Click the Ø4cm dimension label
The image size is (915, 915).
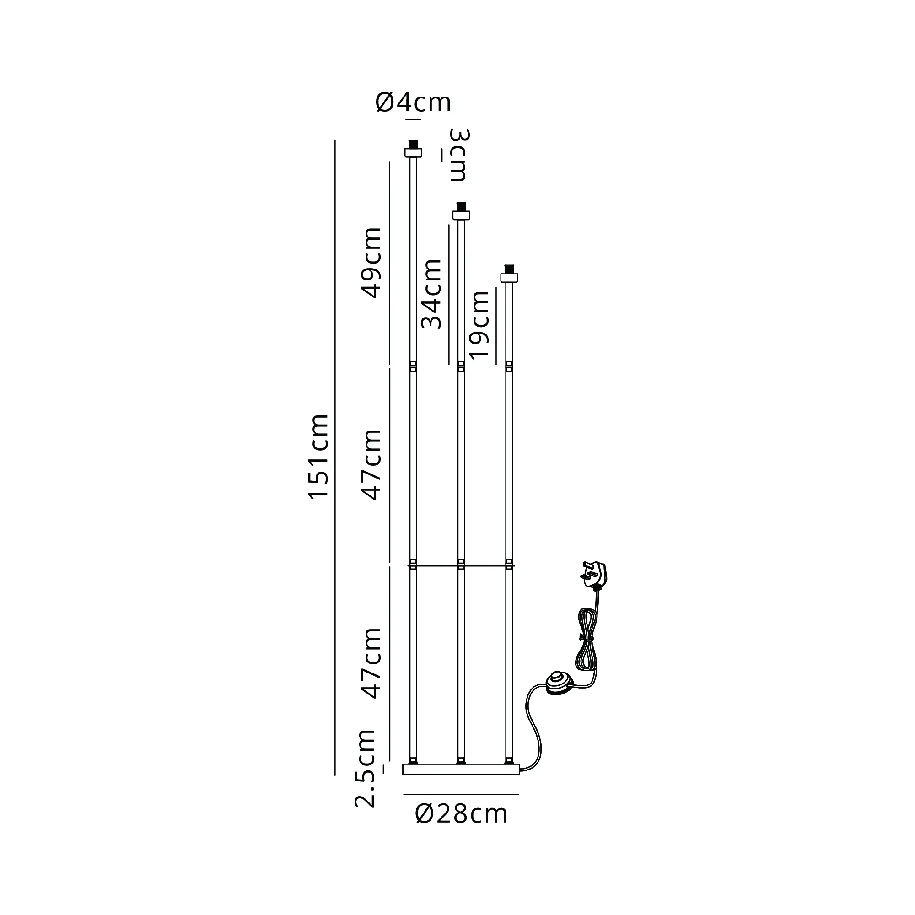(413, 103)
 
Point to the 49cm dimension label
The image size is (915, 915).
(371, 262)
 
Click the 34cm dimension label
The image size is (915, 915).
(431, 294)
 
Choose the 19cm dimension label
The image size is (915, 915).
(479, 324)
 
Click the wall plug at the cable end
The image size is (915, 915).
(595, 575)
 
